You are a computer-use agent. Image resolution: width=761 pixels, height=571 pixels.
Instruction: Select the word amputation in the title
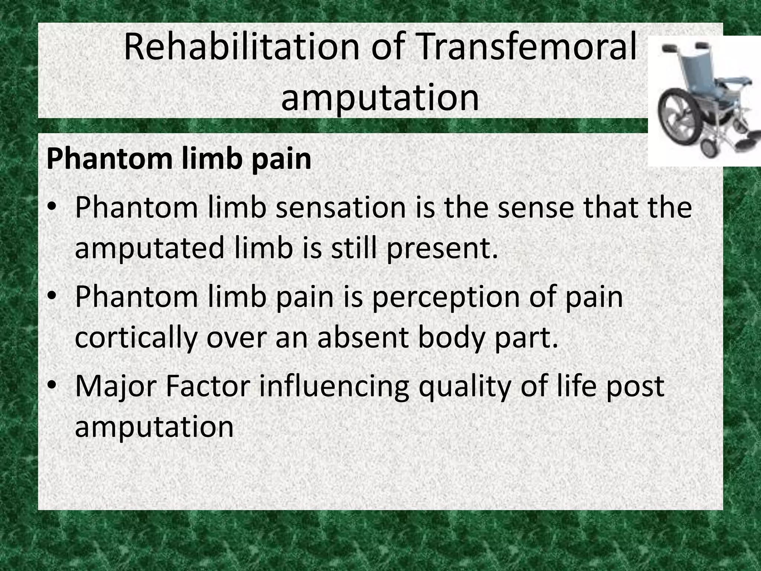coord(380,97)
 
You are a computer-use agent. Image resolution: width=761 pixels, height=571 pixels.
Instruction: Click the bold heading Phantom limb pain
coord(179,159)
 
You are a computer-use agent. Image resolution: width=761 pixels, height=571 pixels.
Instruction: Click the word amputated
coord(149,248)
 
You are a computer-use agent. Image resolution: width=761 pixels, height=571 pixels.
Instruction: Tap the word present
coord(442,248)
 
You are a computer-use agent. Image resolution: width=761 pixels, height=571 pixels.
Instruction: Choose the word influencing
coord(334,387)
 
